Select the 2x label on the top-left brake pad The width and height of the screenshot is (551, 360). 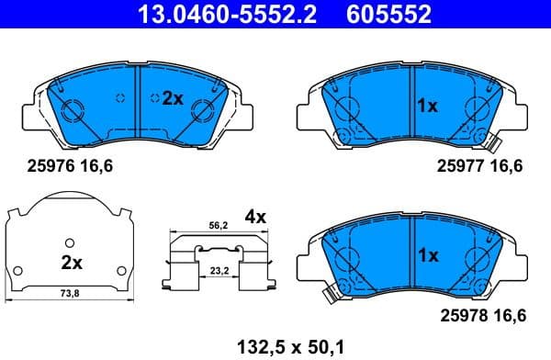[x=173, y=99]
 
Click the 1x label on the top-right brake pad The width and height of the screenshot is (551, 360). [x=427, y=107]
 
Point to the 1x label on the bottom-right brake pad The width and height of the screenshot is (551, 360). [x=427, y=257]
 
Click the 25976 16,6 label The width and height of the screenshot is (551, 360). [x=69, y=166]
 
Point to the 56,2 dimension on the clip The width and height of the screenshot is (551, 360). [x=219, y=226]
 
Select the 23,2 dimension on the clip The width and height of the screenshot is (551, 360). [x=219, y=273]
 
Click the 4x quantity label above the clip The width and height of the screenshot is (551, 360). [x=254, y=218]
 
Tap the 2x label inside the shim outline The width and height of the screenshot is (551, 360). [x=72, y=263]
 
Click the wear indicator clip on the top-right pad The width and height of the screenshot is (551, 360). [x=492, y=143]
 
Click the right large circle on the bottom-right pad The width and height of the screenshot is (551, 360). [x=478, y=259]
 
